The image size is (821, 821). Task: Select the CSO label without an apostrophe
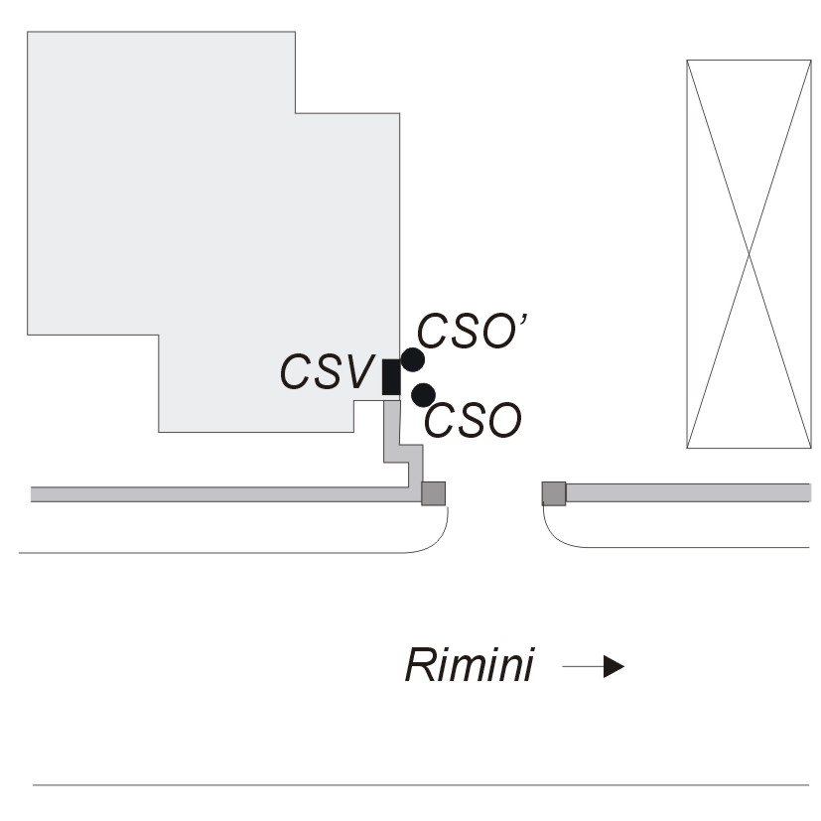tap(473, 422)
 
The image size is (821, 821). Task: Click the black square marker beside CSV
tap(391, 377)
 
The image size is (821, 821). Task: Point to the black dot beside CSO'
tap(413, 359)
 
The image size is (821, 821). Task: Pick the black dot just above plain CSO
tap(424, 394)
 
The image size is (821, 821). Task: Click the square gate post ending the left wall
tap(434, 493)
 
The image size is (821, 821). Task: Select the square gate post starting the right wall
tap(554, 493)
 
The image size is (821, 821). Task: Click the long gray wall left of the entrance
tap(218, 493)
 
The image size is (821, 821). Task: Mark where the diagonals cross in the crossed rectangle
tap(749, 254)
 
